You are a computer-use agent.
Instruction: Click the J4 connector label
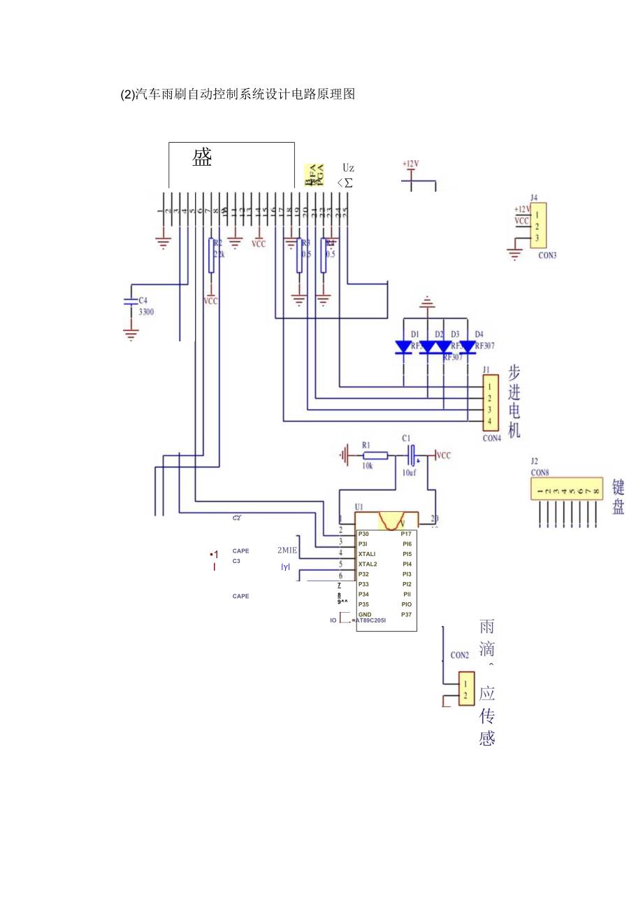[534, 197]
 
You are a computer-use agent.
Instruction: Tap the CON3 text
[547, 255]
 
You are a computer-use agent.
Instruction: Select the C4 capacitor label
[143, 300]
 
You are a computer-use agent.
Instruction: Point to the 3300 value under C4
[145, 312]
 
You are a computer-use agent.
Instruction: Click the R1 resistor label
[366, 444]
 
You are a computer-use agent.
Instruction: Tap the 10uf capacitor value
[410, 472]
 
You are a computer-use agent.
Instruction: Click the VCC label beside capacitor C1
[444, 455]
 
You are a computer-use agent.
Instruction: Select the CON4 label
[492, 439]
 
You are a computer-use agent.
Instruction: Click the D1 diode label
[414, 334]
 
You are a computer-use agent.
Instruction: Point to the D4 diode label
[479, 334]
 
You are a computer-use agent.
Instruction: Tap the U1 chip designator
[359, 506]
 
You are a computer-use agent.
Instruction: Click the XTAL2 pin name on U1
[368, 564]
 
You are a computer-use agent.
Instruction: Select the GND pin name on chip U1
[365, 614]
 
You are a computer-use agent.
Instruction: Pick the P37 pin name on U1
[406, 614]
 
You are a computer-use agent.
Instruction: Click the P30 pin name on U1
[363, 534]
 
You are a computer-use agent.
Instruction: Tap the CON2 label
[459, 655]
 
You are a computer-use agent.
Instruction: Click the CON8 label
[540, 473]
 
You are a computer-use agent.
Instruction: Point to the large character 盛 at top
[202, 158]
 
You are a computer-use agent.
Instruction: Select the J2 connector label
[534, 461]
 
